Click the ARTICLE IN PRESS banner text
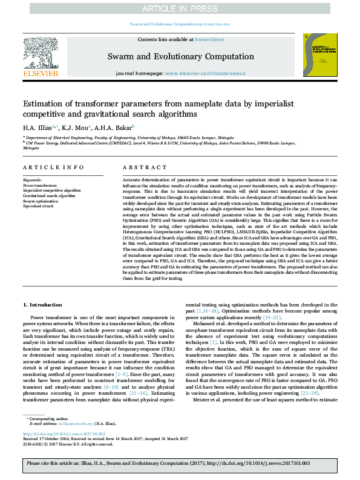click(180, 8)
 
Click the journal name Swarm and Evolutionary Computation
click(180, 57)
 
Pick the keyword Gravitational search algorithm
click(49, 196)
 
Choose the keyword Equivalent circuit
click(39, 206)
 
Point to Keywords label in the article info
click(32, 180)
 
